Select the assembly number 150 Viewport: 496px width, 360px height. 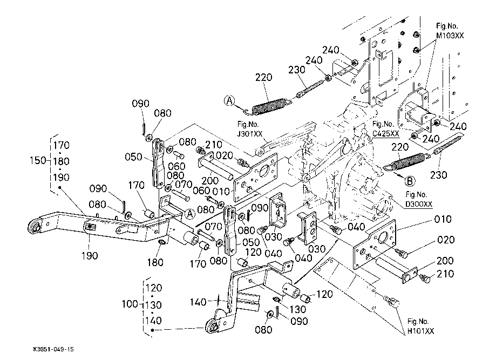(x=39, y=160)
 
